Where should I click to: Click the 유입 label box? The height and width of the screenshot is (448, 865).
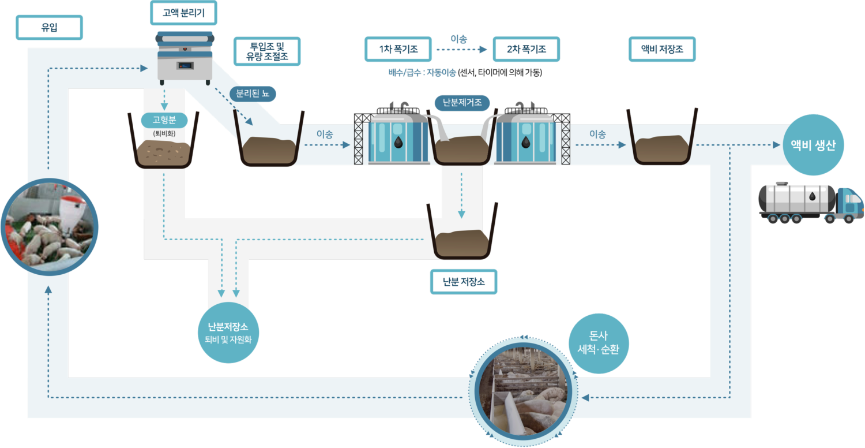point(50,27)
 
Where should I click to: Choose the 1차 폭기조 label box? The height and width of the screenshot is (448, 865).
point(398,49)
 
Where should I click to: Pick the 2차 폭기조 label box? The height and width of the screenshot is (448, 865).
point(526,49)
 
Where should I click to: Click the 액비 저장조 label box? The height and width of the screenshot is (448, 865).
point(662,49)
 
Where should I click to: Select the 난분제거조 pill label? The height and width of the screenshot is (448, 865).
point(462,103)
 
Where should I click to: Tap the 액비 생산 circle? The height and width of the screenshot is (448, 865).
point(813,145)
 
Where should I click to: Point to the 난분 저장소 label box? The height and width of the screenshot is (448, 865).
point(463,282)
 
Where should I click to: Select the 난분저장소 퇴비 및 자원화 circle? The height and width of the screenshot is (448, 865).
point(228,333)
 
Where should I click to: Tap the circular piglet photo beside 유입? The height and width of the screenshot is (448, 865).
point(49,227)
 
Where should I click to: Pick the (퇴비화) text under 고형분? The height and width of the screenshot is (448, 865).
point(164,134)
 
